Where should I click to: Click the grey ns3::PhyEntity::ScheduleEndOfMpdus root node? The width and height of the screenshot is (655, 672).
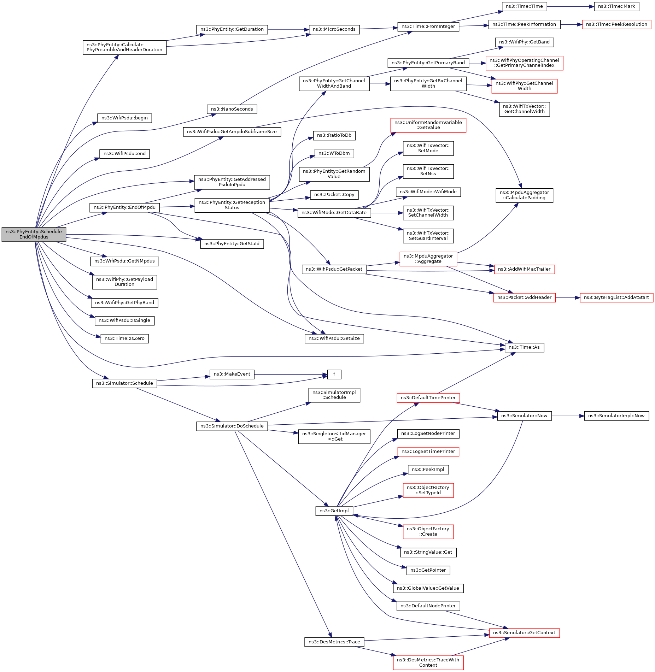(34, 234)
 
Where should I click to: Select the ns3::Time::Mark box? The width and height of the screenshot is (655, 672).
(616, 6)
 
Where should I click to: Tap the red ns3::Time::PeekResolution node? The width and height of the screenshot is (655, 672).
(616, 24)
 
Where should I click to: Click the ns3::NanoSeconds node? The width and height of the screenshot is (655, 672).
(232, 109)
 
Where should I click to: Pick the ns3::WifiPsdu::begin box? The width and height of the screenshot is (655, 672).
(124, 118)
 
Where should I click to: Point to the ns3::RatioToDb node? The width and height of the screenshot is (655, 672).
(334, 135)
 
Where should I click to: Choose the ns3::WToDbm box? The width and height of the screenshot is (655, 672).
(334, 153)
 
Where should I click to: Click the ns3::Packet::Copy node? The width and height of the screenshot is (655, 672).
(334, 195)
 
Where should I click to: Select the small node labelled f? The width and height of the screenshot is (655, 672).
(334, 374)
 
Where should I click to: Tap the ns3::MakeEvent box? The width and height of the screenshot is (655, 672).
(232, 374)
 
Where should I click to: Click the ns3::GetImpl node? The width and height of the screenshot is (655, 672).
(334, 511)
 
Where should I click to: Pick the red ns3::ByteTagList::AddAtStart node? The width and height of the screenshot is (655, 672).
(616, 297)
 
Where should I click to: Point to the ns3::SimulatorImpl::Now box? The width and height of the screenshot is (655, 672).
(616, 416)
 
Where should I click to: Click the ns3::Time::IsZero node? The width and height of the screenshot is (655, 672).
(124, 338)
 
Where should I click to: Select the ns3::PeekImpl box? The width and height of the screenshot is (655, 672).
(428, 470)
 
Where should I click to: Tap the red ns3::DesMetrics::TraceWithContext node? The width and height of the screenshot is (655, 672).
(428, 662)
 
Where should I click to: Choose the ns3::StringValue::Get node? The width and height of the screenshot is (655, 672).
(428, 552)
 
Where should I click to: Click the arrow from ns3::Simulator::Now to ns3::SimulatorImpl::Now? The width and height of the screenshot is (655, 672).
(568, 416)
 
